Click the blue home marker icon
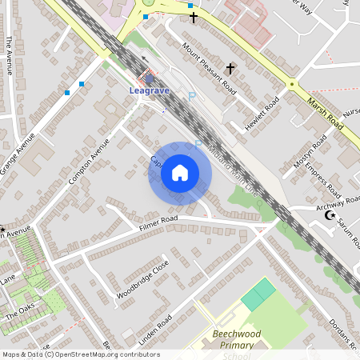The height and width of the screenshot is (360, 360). click(x=180, y=173)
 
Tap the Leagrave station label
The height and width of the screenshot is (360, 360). click(x=149, y=90)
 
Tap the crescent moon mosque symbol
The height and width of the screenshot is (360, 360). click(x=326, y=216)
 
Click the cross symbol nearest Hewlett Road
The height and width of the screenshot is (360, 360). click(x=231, y=69)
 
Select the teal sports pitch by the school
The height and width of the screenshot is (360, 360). click(x=258, y=295)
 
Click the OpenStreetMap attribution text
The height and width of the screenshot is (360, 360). click(x=80, y=354)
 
